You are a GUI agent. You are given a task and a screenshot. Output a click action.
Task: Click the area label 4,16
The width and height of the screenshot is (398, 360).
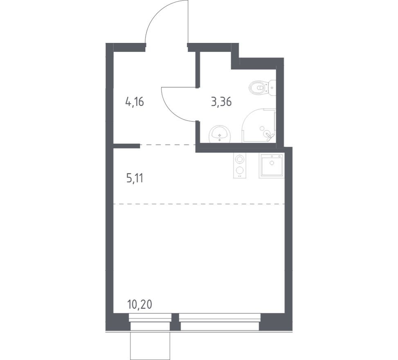[x=135, y=102]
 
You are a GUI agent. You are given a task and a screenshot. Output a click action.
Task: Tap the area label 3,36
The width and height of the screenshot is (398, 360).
[x=221, y=102]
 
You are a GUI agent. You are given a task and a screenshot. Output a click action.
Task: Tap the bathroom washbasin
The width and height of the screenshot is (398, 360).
[x=220, y=134]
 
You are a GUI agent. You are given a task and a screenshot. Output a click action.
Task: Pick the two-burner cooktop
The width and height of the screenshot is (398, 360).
[x=240, y=165]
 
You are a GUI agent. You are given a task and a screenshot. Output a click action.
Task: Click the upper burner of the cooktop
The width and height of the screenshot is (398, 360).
[x=240, y=159]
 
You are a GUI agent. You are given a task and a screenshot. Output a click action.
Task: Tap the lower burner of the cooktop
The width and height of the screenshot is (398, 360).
[x=240, y=170]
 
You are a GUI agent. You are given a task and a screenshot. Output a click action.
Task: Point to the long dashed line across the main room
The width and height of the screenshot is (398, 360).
[x=199, y=203]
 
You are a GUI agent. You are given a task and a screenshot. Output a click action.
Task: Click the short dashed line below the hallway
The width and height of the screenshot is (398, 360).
[x=168, y=145]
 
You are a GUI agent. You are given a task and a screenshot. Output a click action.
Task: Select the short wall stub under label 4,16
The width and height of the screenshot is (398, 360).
[x=126, y=145]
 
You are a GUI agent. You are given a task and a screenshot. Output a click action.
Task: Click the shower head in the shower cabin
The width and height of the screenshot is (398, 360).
[x=268, y=134]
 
